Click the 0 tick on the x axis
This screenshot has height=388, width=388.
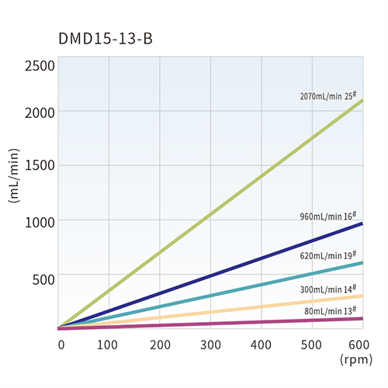coord(61,344)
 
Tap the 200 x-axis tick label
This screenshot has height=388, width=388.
coord(159,344)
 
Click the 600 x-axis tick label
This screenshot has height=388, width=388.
coord(360,344)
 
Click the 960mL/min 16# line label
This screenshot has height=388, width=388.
coord(330,217)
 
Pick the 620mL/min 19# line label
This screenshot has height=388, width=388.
coord(330,255)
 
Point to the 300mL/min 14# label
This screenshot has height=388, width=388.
coord(330,289)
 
